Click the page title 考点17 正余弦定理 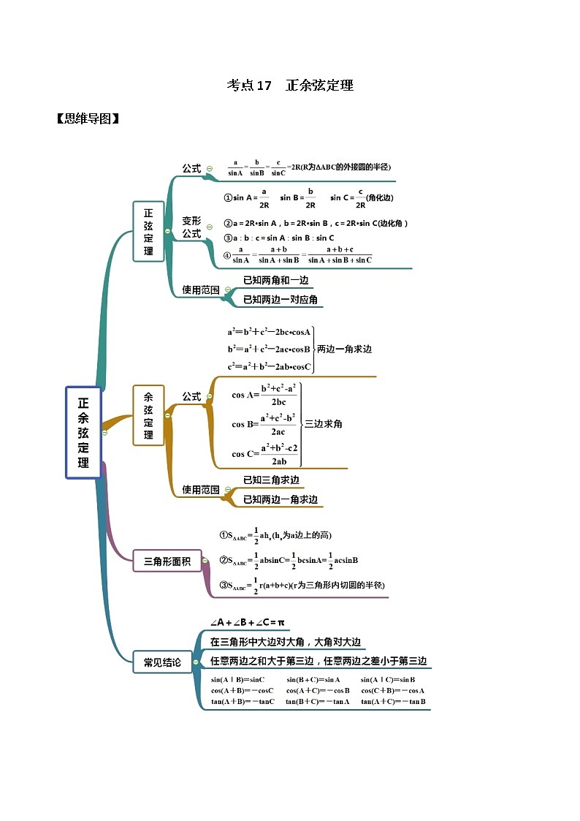[290, 86]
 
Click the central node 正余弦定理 [83, 432]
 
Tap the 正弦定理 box [148, 231]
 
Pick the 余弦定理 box [148, 415]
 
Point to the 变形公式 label [191, 227]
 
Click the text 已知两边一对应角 [280, 300]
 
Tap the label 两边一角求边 [344, 349]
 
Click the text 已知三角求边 [271, 480]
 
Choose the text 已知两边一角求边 [280, 499]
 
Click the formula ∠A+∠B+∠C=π [247, 622]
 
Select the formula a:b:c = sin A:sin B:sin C [279, 238]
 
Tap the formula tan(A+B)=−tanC [243, 702]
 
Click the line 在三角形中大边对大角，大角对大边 [285, 642]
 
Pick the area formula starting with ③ [302, 585]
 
